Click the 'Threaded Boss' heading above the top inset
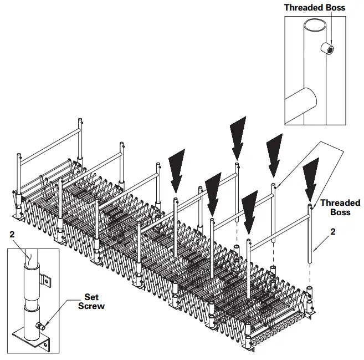(x=314, y=7)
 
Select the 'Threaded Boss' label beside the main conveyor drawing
(x=340, y=207)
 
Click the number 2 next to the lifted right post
(x=332, y=232)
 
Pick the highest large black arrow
(x=238, y=138)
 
